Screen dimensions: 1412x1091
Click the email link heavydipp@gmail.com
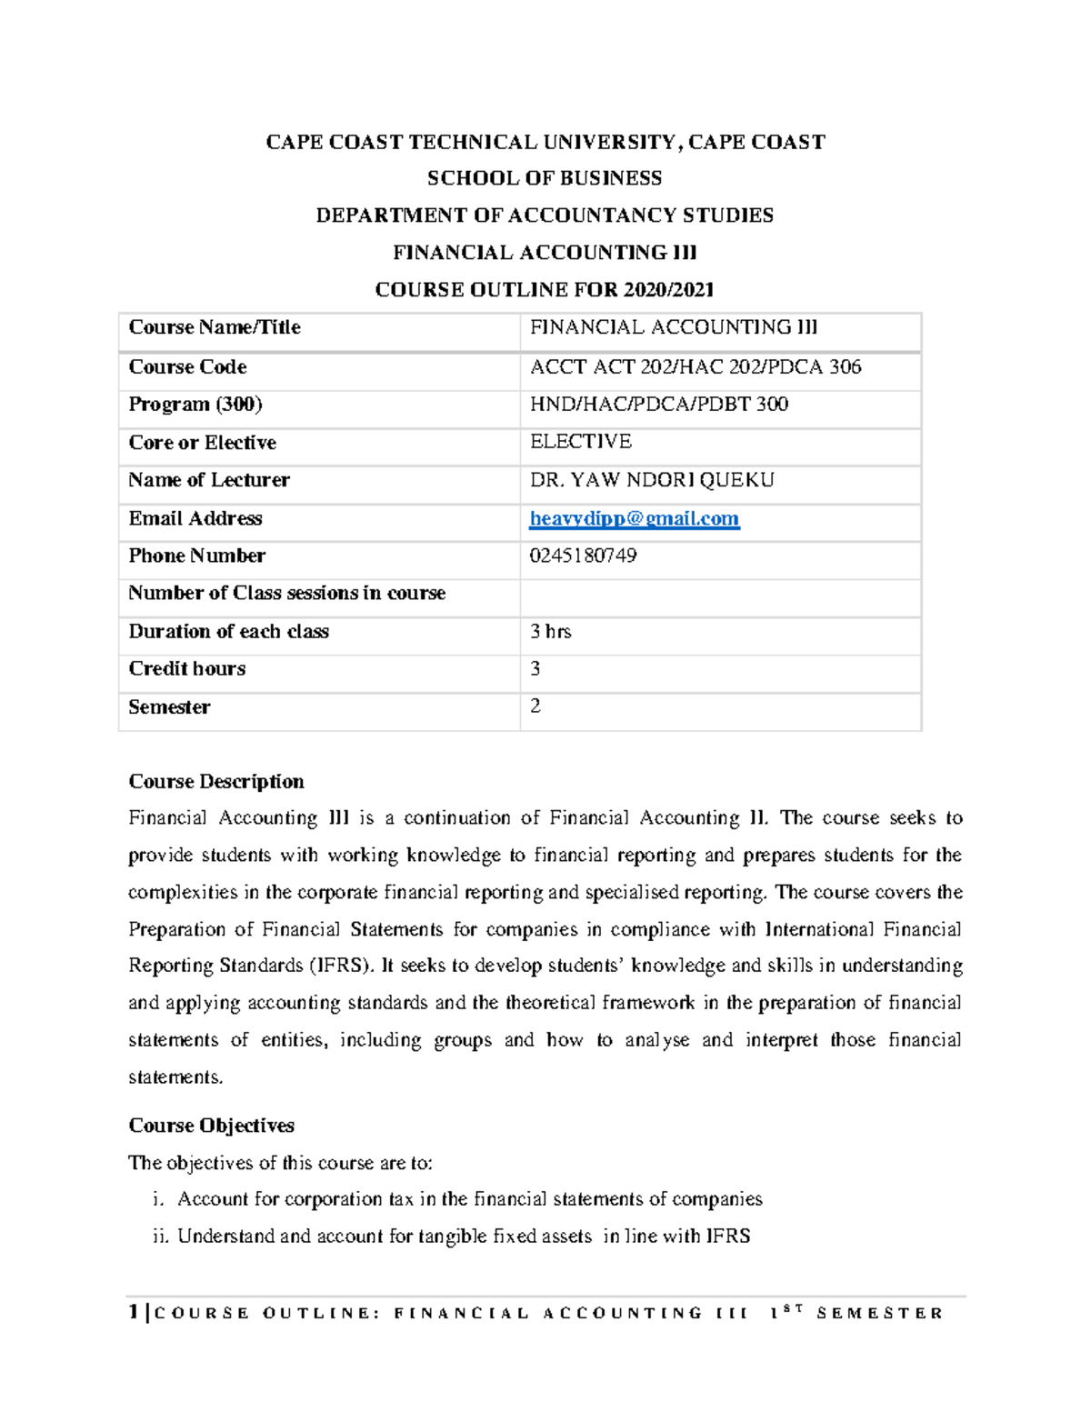tap(634, 518)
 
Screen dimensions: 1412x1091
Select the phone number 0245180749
tap(583, 556)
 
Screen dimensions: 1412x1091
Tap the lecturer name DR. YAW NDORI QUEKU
tap(652, 480)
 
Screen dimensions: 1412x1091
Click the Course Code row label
tap(187, 366)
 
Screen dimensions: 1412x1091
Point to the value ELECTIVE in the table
tap(580, 442)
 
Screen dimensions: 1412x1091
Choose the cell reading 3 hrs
tap(550, 631)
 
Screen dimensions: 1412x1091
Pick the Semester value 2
tap(535, 706)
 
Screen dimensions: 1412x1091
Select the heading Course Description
tap(215, 781)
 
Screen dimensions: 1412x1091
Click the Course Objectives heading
tap(211, 1125)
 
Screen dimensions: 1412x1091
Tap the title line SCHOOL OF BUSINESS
tap(545, 178)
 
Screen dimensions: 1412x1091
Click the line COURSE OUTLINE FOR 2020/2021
tap(545, 290)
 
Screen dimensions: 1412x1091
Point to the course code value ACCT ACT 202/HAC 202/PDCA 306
tap(696, 366)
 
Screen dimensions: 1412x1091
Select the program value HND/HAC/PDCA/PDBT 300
tap(658, 404)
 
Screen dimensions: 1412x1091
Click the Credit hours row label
tap(186, 668)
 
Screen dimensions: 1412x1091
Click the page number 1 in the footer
tap(134, 1312)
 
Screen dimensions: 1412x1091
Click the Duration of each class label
tap(228, 631)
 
